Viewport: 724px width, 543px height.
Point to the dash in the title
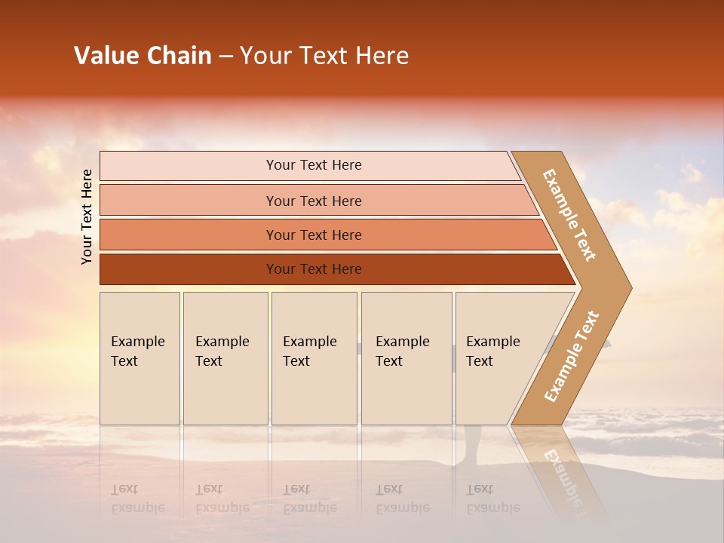225,57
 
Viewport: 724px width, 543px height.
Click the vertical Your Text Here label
87,216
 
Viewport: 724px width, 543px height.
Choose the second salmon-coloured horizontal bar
313,201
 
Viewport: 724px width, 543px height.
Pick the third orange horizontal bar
313,235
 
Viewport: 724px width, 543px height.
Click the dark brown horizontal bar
313,269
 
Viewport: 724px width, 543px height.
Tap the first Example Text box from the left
140,358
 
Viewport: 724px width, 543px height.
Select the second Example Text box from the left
225,358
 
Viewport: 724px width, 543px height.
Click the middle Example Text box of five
314,358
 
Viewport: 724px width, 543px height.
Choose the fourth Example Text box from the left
406,358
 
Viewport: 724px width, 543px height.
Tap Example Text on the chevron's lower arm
572,356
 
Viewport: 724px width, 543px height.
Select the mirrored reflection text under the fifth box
492,499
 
